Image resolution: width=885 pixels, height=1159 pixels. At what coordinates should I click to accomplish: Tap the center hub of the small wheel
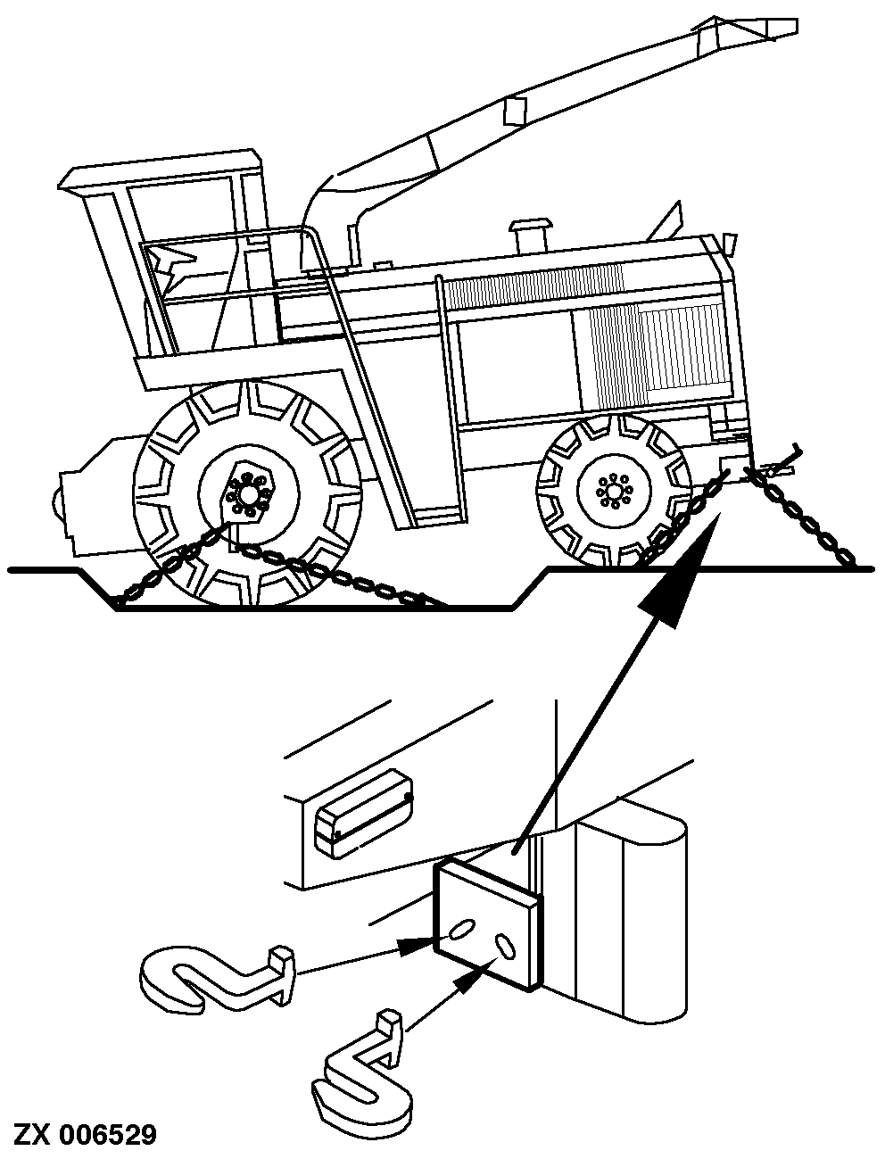tap(613, 491)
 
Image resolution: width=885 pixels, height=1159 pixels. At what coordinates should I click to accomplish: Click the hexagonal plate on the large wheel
tap(246, 493)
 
